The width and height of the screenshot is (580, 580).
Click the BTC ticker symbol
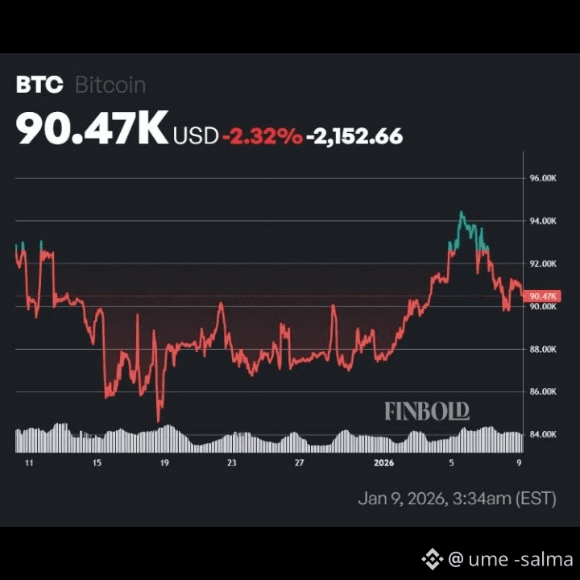(x=39, y=85)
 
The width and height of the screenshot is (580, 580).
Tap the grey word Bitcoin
(x=110, y=85)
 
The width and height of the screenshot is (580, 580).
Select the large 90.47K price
(x=92, y=127)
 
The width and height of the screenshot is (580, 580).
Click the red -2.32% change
(x=263, y=136)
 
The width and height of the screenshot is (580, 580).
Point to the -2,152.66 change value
(x=354, y=136)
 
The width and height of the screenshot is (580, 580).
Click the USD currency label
(x=196, y=136)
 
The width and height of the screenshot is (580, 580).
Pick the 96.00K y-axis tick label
(x=543, y=178)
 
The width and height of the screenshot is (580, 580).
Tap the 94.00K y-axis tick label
(x=543, y=222)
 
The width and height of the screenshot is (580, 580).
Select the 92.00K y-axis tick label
(x=543, y=263)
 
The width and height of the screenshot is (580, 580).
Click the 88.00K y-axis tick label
(x=543, y=349)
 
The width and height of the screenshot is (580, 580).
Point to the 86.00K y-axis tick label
(x=543, y=391)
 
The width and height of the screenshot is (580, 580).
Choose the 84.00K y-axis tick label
(x=543, y=434)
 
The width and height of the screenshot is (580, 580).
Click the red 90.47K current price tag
(x=542, y=296)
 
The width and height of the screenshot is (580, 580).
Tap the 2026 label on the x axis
(x=383, y=462)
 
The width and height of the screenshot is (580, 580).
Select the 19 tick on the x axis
(x=164, y=462)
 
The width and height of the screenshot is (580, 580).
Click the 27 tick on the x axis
(x=299, y=462)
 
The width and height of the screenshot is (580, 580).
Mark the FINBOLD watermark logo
(x=427, y=412)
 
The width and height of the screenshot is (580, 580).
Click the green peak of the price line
(x=462, y=212)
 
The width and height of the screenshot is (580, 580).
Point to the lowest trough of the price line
(x=159, y=421)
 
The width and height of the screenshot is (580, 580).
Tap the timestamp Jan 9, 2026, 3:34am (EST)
(x=458, y=499)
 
